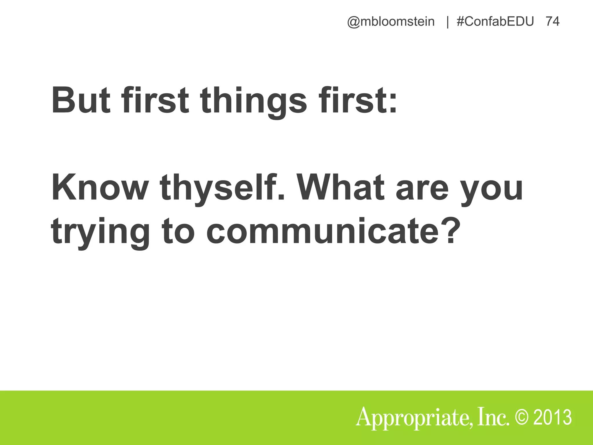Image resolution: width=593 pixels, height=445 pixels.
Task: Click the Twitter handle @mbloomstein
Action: [391, 22]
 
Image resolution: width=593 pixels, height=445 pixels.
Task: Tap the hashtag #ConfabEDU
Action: [495, 22]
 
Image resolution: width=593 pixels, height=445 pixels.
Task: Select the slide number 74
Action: [552, 22]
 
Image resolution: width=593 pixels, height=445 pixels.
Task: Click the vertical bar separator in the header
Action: [448, 22]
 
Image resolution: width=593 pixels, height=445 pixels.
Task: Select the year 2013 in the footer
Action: [552, 417]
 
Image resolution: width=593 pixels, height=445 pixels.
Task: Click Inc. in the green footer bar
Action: [494, 417]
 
